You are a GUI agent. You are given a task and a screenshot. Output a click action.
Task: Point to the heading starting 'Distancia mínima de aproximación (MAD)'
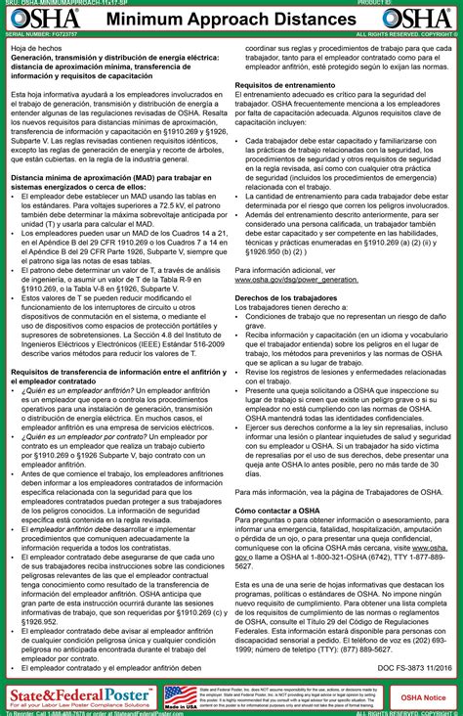117,177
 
